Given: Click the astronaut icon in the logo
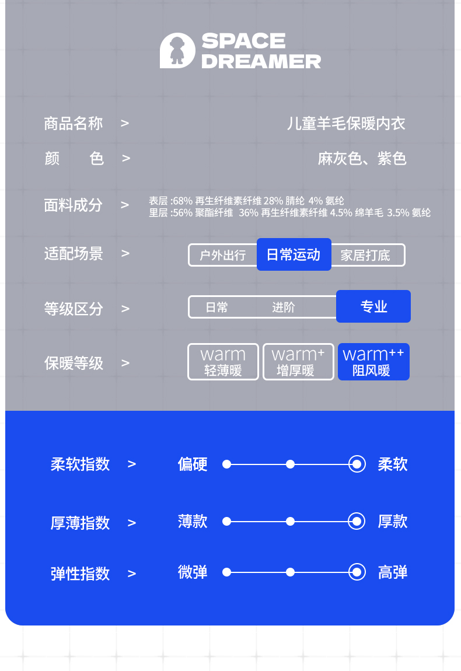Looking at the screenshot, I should click(177, 51).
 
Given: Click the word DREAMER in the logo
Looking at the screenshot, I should click(261, 61).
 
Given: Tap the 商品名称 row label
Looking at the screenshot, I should click(73, 124).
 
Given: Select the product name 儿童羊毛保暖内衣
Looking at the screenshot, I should click(346, 124).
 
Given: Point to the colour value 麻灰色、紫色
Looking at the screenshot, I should click(362, 159).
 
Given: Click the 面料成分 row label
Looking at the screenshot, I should click(73, 205).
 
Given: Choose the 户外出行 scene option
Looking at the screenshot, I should click(222, 255).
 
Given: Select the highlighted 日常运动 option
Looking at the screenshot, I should click(294, 254).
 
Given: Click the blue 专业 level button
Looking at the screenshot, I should click(373, 306).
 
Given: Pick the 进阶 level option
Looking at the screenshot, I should click(284, 307).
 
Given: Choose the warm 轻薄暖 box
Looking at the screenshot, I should click(223, 362).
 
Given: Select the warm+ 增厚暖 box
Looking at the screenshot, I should click(298, 362).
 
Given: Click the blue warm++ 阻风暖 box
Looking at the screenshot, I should click(373, 362).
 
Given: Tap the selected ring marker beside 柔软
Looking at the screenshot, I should click(357, 464).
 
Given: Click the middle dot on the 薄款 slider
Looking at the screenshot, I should click(290, 521).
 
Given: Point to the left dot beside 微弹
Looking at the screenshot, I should click(227, 572).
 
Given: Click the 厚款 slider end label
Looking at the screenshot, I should click(393, 521).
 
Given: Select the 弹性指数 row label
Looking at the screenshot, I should click(80, 574).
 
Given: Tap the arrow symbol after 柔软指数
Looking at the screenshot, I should click(132, 464).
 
